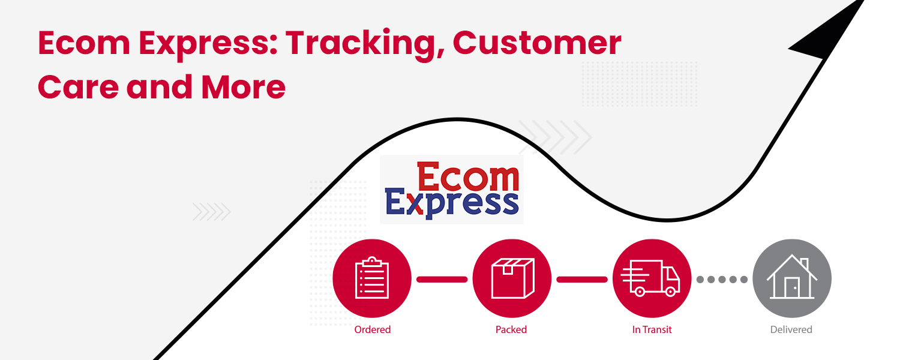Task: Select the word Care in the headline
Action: pos(77,88)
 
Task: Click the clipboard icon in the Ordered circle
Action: pos(372,278)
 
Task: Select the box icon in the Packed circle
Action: pos(512,278)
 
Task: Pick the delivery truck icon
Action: pos(652,278)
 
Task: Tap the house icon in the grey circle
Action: pos(792,278)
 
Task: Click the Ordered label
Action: pos(372,329)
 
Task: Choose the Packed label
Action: pos(511,329)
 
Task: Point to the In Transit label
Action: pos(652,329)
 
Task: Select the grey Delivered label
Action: pos(791,329)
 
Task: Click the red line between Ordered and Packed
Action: pos(442,279)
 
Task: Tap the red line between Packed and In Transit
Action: pos(582,279)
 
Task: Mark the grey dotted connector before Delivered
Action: pos(722,279)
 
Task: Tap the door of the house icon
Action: pos(793,289)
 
